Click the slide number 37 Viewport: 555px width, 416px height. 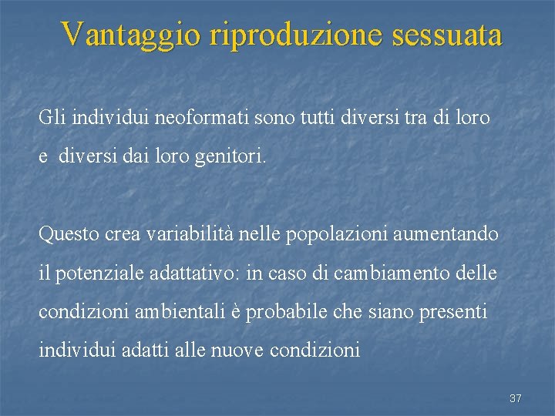tap(516, 398)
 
